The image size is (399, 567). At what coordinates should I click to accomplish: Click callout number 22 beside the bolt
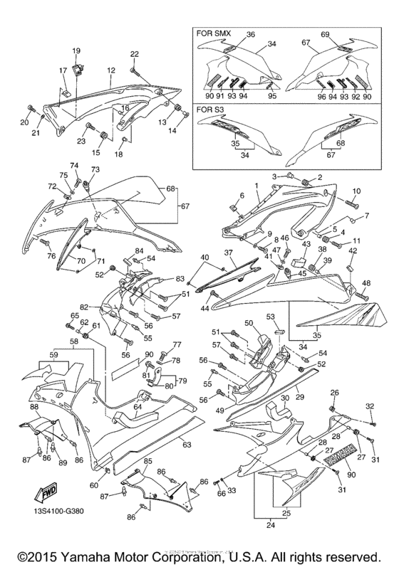click(x=134, y=55)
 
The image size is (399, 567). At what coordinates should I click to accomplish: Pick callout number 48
click(x=367, y=282)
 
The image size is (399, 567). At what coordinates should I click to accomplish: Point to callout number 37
click(x=230, y=253)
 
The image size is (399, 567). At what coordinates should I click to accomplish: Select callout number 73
click(x=95, y=169)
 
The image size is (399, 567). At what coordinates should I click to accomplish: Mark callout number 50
click(x=249, y=323)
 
